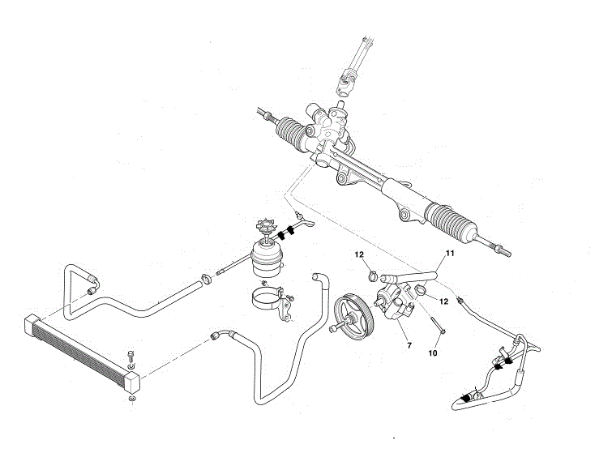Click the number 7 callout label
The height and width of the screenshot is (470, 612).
409,346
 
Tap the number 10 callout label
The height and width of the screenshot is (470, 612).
433,352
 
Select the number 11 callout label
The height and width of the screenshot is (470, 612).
451,254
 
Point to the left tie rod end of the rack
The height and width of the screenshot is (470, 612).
264,113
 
